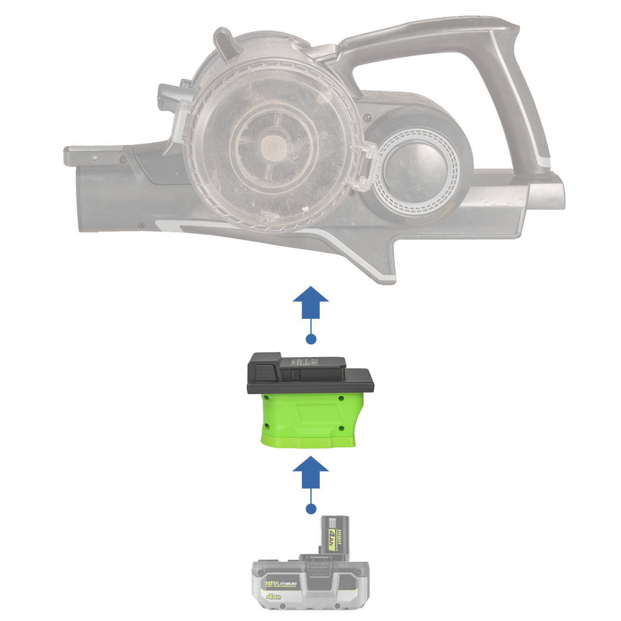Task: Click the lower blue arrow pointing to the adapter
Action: [x=310, y=473]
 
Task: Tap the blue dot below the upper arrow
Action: [x=311, y=339]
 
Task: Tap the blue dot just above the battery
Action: [x=311, y=509]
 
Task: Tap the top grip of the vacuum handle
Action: [x=428, y=35]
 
